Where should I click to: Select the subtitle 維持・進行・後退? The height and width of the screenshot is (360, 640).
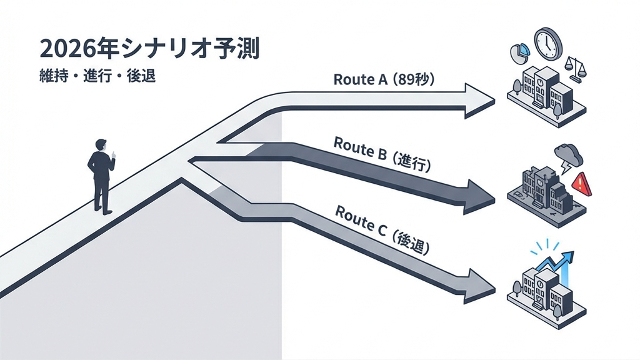click(x=96, y=78)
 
